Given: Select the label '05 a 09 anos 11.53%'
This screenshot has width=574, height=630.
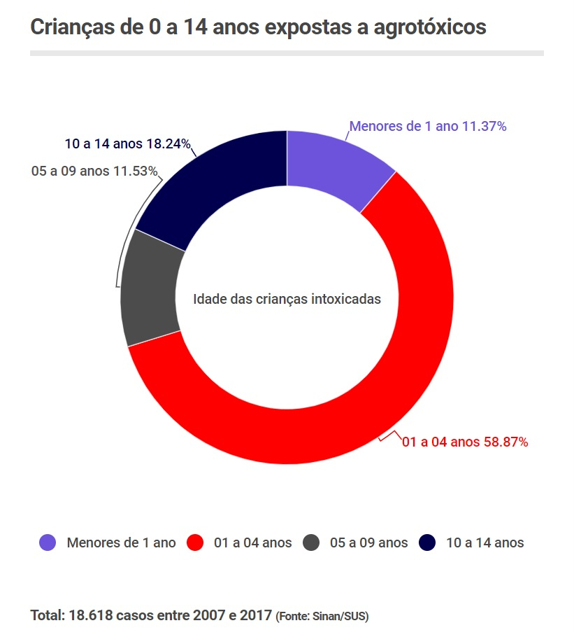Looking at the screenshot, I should click(94, 171).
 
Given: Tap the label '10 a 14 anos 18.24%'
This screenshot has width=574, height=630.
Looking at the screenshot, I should click(128, 144).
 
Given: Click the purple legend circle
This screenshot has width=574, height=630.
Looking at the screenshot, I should click(48, 542).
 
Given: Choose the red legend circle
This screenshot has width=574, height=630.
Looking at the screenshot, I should click(195, 542).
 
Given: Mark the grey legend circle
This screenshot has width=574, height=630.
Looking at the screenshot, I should click(311, 542).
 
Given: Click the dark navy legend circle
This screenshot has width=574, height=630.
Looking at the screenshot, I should click(427, 542).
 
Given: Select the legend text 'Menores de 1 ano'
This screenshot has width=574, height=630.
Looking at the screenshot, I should click(121, 542).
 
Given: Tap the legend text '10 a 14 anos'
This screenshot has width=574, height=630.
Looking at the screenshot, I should click(485, 542).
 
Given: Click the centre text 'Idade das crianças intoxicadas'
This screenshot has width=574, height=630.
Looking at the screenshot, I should click(287, 299).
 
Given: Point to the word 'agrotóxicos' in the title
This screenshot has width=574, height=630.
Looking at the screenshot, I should click(429, 28).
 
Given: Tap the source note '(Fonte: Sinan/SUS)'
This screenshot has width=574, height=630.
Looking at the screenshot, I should click(322, 617).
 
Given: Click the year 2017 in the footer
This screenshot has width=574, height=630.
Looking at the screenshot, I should click(256, 616).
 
